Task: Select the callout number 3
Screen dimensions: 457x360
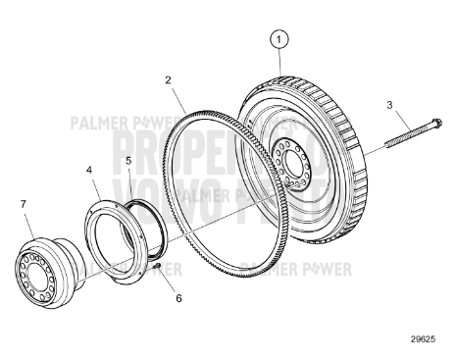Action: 389,105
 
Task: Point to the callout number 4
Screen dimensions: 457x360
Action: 89,170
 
